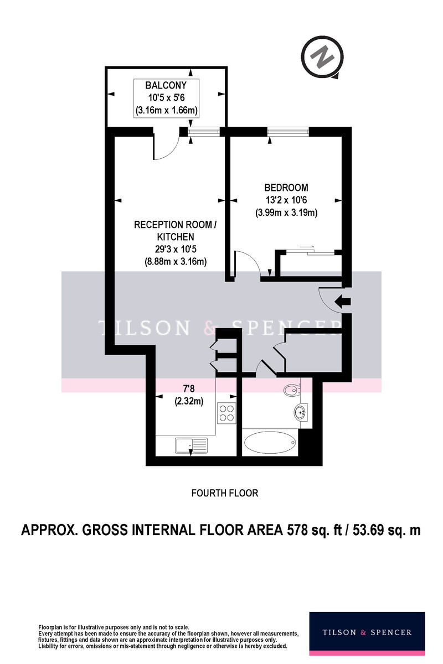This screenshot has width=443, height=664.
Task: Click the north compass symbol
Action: tap(322, 57)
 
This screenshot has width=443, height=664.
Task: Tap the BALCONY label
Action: tap(166, 85)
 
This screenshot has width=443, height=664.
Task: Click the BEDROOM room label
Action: tap(286, 188)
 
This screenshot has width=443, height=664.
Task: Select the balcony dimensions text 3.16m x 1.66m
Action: tap(167, 110)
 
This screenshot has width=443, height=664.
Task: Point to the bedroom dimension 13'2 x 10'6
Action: tap(286, 200)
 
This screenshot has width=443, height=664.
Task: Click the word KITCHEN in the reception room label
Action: tap(176, 237)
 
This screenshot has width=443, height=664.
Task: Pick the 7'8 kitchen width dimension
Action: tap(189, 388)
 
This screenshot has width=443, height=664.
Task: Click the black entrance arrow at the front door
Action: tap(342, 302)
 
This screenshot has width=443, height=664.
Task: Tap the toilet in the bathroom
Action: tap(292, 390)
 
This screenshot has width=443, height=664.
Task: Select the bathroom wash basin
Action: tap(301, 412)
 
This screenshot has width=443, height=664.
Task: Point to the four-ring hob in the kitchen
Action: tap(226, 413)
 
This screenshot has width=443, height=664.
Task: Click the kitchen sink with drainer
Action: tap(192, 445)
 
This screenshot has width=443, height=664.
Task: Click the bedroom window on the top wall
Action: tap(287, 132)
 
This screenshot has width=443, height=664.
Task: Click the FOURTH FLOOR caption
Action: tap(225, 493)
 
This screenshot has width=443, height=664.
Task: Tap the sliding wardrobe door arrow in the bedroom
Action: tap(305, 246)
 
